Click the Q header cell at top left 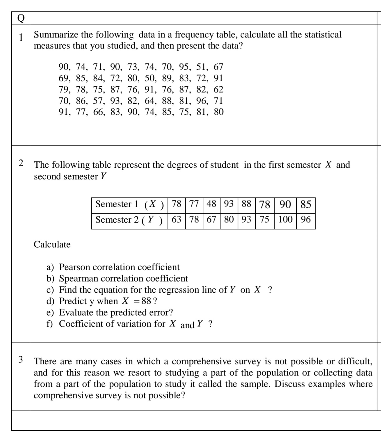[21, 18]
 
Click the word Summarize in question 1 [55, 35]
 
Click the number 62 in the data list [218, 89]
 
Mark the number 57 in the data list [98, 101]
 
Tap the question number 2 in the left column [21, 163]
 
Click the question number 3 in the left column [21, 359]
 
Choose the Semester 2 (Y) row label [129, 220]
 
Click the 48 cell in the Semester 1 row [211, 204]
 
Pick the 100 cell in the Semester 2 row [285, 219]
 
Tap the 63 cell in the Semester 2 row [177, 219]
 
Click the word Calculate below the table [52, 245]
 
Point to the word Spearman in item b [79, 278]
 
